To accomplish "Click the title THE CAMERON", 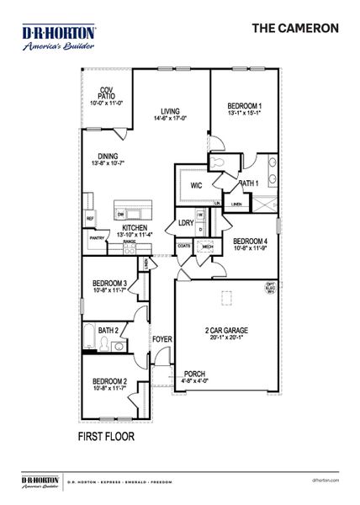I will pos(295,28).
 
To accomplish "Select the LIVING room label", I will pos(171,110).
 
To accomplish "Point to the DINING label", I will pos(108,156).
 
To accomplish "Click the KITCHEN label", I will pos(135,227).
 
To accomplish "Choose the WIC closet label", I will pos(196,185).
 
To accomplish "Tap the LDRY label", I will pos(186,223).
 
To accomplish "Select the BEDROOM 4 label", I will pos(250,241).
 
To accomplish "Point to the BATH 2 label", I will pos(107,331).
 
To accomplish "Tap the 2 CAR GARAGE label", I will pos(225,331).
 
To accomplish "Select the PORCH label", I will pos(195,375).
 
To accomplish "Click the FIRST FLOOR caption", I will pos(106,438).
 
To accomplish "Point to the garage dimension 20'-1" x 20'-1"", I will pos(225,338).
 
